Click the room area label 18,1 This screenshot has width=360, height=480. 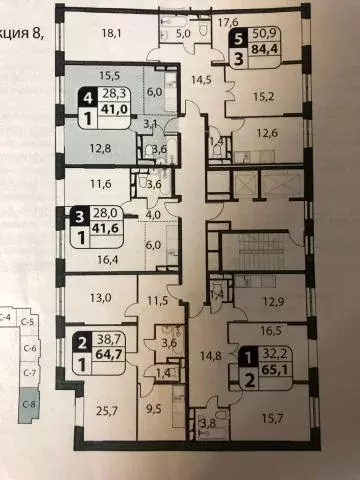coord(111,32)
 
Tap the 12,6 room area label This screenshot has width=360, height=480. coord(264,133)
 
